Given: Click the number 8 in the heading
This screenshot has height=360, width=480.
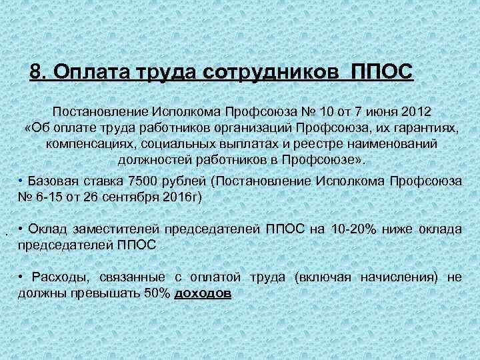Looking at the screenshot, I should point(37,71).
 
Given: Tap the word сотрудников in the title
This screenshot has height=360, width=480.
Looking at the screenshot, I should point(273,71).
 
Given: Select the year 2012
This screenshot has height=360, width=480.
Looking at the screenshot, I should point(413,109).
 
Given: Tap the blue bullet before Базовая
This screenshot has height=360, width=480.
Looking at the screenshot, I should point(22,181).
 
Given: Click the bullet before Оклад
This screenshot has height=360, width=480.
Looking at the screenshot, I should point(22,229).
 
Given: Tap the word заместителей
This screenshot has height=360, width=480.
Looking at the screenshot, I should point(113,229).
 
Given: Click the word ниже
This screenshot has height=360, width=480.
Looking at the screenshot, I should point(402,229).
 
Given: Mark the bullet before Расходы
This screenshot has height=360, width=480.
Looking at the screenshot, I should point(22,277).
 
